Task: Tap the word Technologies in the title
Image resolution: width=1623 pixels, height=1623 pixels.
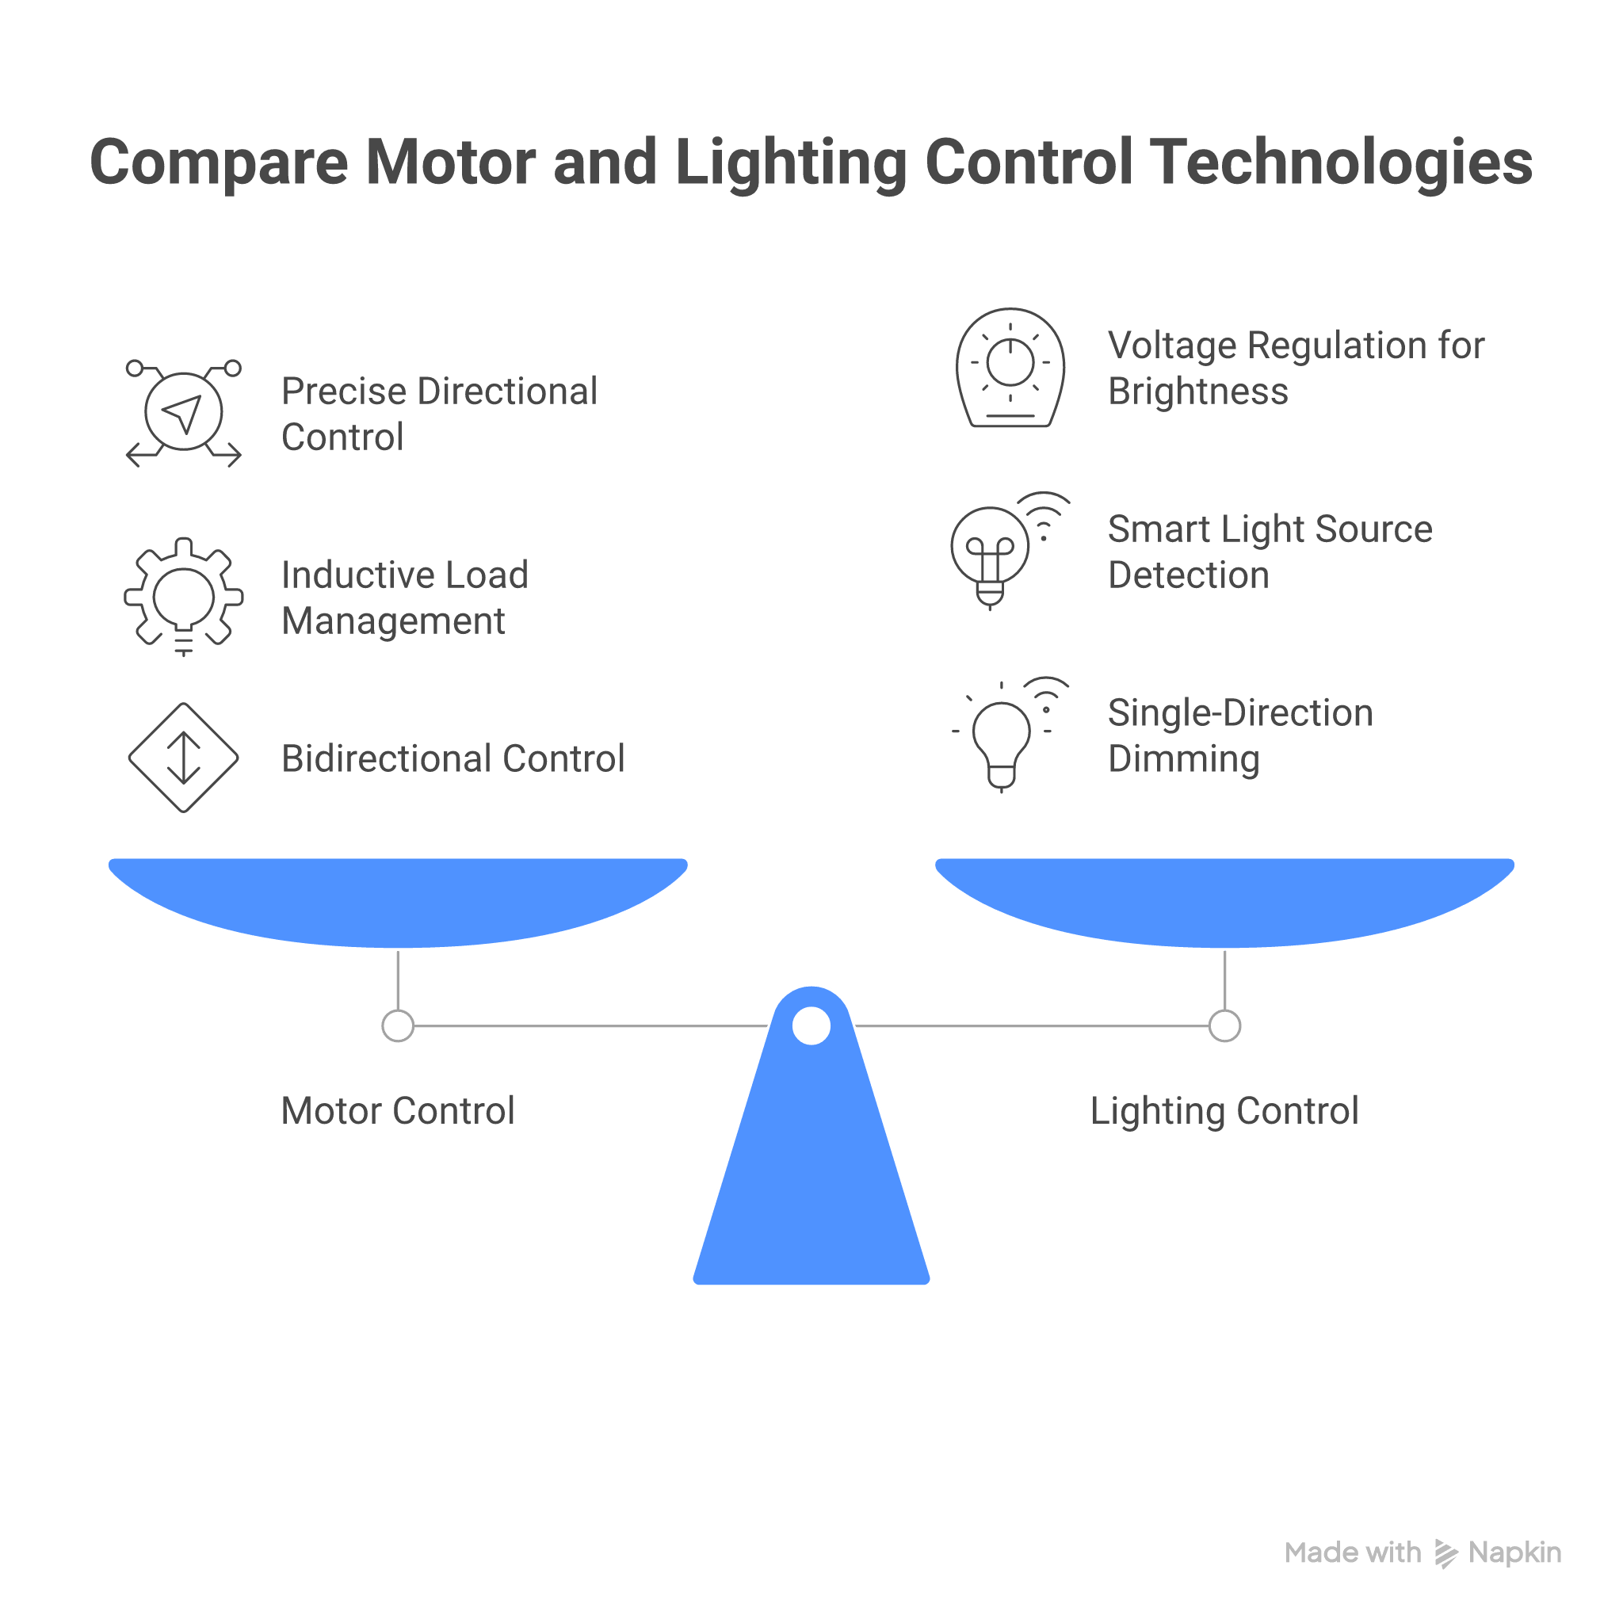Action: click(x=1342, y=162)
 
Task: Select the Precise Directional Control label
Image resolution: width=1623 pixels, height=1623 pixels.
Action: click(x=438, y=414)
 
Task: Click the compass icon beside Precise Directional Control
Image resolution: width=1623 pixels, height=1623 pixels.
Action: click(x=183, y=412)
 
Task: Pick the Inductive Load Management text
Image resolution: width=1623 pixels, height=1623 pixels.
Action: click(x=404, y=598)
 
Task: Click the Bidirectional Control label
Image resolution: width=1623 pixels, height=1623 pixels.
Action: click(x=453, y=758)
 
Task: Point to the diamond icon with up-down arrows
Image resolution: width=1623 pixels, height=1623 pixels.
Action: click(x=183, y=758)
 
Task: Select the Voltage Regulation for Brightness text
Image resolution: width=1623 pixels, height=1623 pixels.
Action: click(x=1296, y=368)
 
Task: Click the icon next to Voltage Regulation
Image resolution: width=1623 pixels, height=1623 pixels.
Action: click(x=1010, y=368)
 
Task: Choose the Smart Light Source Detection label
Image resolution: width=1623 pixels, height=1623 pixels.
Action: click(x=1270, y=552)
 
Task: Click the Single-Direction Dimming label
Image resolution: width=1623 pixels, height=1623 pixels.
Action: click(x=1240, y=735)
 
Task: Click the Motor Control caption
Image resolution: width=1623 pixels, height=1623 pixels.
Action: click(x=397, y=1110)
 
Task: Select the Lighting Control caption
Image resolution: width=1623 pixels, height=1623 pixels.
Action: click(x=1224, y=1110)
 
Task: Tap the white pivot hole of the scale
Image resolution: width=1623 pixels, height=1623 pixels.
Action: click(x=811, y=1025)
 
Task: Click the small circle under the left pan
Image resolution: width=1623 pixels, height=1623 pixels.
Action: click(x=397, y=1025)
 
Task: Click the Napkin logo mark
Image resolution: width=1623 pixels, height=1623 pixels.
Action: click(x=1445, y=1553)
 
